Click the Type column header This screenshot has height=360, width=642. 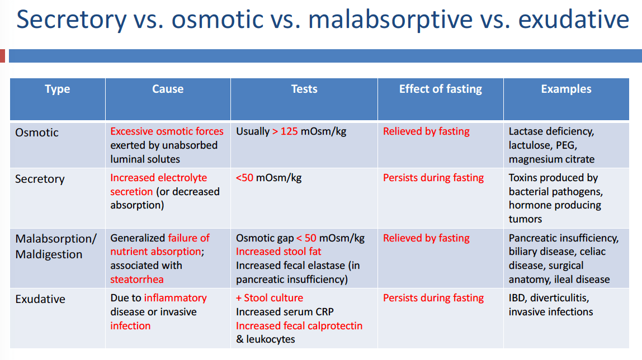(x=57, y=89)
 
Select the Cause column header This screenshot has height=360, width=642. (x=168, y=89)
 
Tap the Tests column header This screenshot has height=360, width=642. (x=304, y=89)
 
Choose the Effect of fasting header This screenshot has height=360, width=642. (x=441, y=89)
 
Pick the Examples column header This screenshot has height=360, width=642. (x=567, y=89)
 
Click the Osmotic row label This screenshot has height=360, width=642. (x=37, y=132)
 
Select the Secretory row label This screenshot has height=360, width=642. (x=40, y=179)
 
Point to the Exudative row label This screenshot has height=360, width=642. (x=40, y=299)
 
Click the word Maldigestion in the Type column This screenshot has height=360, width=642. (x=49, y=254)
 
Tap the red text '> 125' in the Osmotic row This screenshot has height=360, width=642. (x=285, y=131)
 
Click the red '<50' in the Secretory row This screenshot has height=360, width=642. (x=244, y=178)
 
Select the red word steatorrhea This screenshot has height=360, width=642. (x=137, y=280)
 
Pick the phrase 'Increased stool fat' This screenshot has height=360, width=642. (x=278, y=252)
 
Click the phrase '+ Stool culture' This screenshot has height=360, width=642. (x=270, y=298)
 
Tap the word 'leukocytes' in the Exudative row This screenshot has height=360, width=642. (x=271, y=339)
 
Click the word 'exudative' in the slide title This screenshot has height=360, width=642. (x=574, y=19)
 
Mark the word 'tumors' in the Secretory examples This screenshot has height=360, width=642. (x=525, y=219)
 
